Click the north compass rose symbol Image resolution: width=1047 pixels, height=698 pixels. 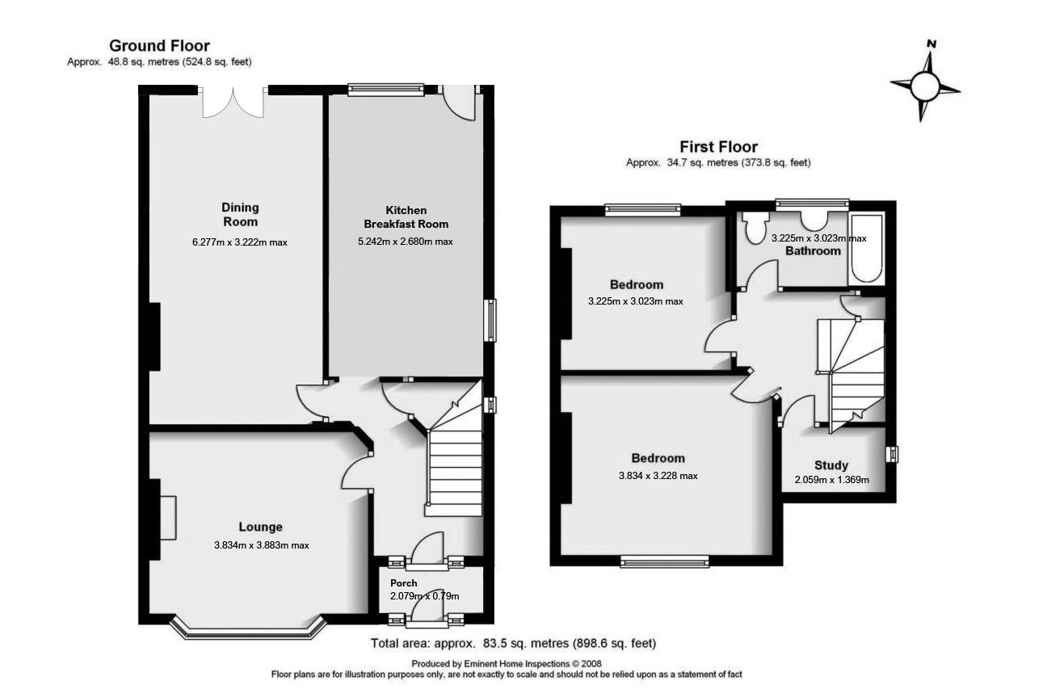pos(925,82)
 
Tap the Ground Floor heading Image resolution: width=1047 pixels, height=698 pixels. pos(159,46)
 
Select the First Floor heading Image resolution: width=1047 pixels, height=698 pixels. pos(718,147)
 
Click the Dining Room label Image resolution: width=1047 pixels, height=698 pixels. pos(240,215)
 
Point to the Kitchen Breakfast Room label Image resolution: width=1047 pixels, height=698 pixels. pos(406,217)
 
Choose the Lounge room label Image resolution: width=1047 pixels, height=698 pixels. pos(260,528)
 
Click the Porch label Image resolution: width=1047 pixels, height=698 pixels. pos(403,583)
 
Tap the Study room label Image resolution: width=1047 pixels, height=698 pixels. pos(830,465)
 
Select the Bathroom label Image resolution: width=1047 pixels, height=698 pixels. pos(814,251)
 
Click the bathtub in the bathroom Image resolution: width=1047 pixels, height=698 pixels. pos(868,247)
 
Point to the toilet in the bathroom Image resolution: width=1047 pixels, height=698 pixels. pos(756,228)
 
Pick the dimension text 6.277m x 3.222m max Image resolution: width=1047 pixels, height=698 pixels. pos(239,241)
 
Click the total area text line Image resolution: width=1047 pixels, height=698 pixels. pos(513,644)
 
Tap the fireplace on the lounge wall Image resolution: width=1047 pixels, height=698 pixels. pos(166,517)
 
